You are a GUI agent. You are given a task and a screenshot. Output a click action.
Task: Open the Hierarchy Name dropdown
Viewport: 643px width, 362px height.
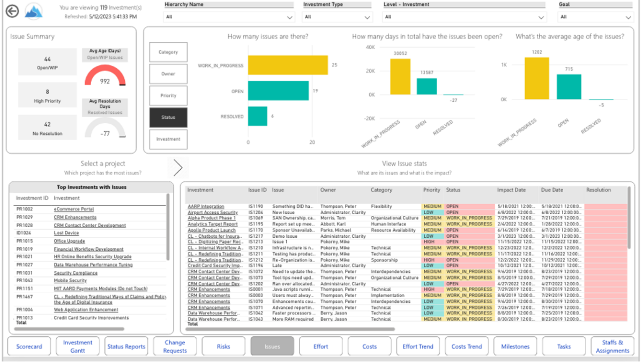[230, 17]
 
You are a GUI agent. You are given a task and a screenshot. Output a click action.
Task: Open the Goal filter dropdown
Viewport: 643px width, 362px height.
[595, 17]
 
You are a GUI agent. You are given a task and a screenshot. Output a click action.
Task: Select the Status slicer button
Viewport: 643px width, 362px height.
[168, 117]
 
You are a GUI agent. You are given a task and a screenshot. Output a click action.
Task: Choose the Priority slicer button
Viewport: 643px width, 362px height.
[168, 96]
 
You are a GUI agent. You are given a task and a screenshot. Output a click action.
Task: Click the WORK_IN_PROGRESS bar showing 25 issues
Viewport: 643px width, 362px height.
[288, 65]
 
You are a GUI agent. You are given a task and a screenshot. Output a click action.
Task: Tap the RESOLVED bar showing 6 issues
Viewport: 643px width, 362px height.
[257, 116]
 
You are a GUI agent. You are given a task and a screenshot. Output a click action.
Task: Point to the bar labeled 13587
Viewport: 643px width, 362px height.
[427, 86]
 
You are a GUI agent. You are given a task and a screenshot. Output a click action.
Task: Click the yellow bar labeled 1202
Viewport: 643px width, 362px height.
[537, 78]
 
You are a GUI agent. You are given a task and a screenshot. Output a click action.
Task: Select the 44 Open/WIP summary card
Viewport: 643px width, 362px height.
[47, 62]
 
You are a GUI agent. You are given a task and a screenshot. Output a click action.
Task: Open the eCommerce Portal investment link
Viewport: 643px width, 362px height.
[73, 209]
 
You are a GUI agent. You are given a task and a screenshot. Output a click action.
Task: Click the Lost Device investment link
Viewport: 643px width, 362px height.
[66, 233]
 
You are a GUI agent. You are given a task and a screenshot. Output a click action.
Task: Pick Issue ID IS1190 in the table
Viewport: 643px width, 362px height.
[256, 206]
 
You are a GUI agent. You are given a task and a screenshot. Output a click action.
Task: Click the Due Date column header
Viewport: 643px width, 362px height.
[552, 190]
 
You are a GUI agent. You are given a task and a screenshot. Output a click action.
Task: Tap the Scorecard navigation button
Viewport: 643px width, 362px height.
[29, 346]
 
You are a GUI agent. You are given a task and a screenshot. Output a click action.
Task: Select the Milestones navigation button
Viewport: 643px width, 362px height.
[515, 346]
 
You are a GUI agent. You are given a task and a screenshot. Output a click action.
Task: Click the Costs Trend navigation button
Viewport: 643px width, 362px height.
[466, 346]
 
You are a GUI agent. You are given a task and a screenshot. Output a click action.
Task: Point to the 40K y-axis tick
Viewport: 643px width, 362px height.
[370, 47]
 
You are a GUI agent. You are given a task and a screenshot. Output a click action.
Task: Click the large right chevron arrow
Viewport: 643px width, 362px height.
[178, 168]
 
